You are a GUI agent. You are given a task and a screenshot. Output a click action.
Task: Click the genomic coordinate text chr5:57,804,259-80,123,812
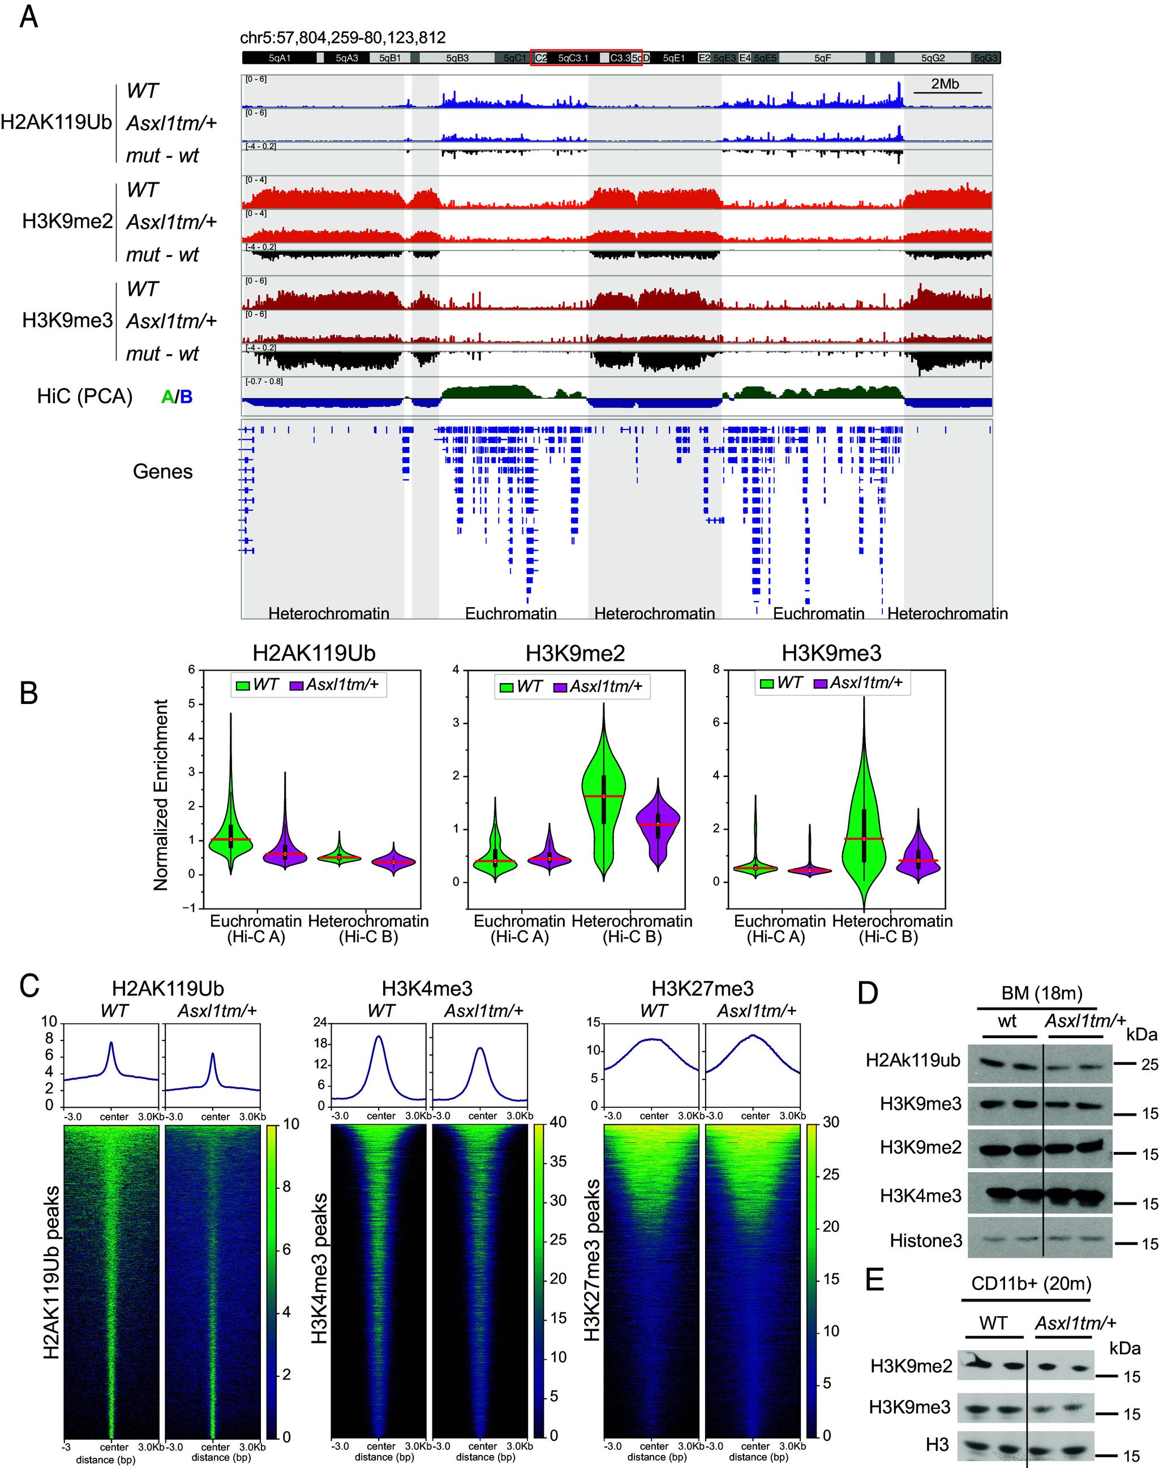click(343, 37)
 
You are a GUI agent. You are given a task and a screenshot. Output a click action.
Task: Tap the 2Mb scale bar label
click(945, 84)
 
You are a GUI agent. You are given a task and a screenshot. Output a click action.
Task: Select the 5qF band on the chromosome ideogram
click(822, 58)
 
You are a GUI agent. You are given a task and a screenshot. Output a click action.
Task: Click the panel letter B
click(28, 694)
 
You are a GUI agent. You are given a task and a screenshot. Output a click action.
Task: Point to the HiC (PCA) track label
click(85, 396)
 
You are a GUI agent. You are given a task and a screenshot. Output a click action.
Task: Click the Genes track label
click(162, 471)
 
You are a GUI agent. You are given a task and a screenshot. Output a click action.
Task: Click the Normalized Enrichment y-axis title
click(161, 795)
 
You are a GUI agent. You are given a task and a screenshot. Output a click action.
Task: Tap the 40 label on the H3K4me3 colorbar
click(558, 1123)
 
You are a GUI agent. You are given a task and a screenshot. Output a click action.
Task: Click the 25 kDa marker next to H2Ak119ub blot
click(1149, 1065)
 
